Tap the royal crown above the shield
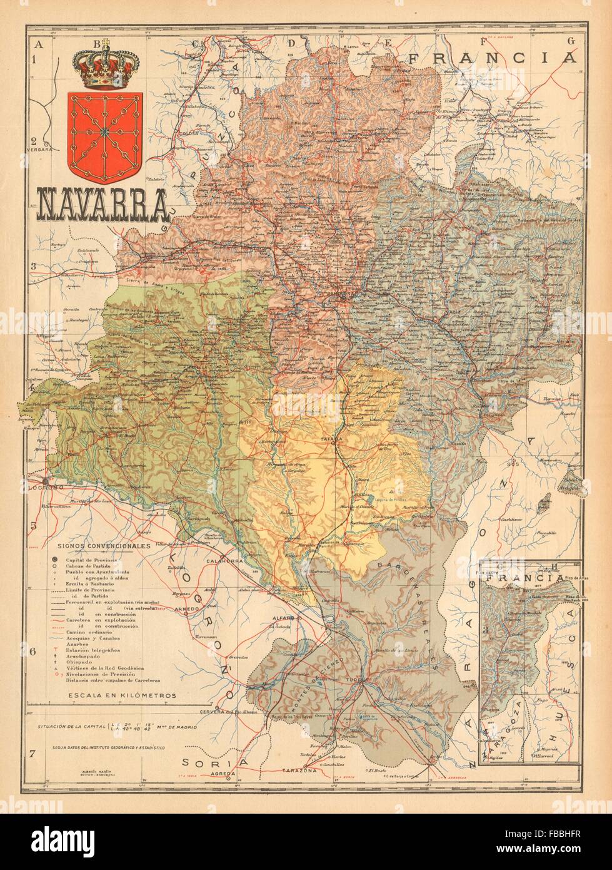click(x=108, y=65)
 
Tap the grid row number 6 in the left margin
click(x=33, y=652)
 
